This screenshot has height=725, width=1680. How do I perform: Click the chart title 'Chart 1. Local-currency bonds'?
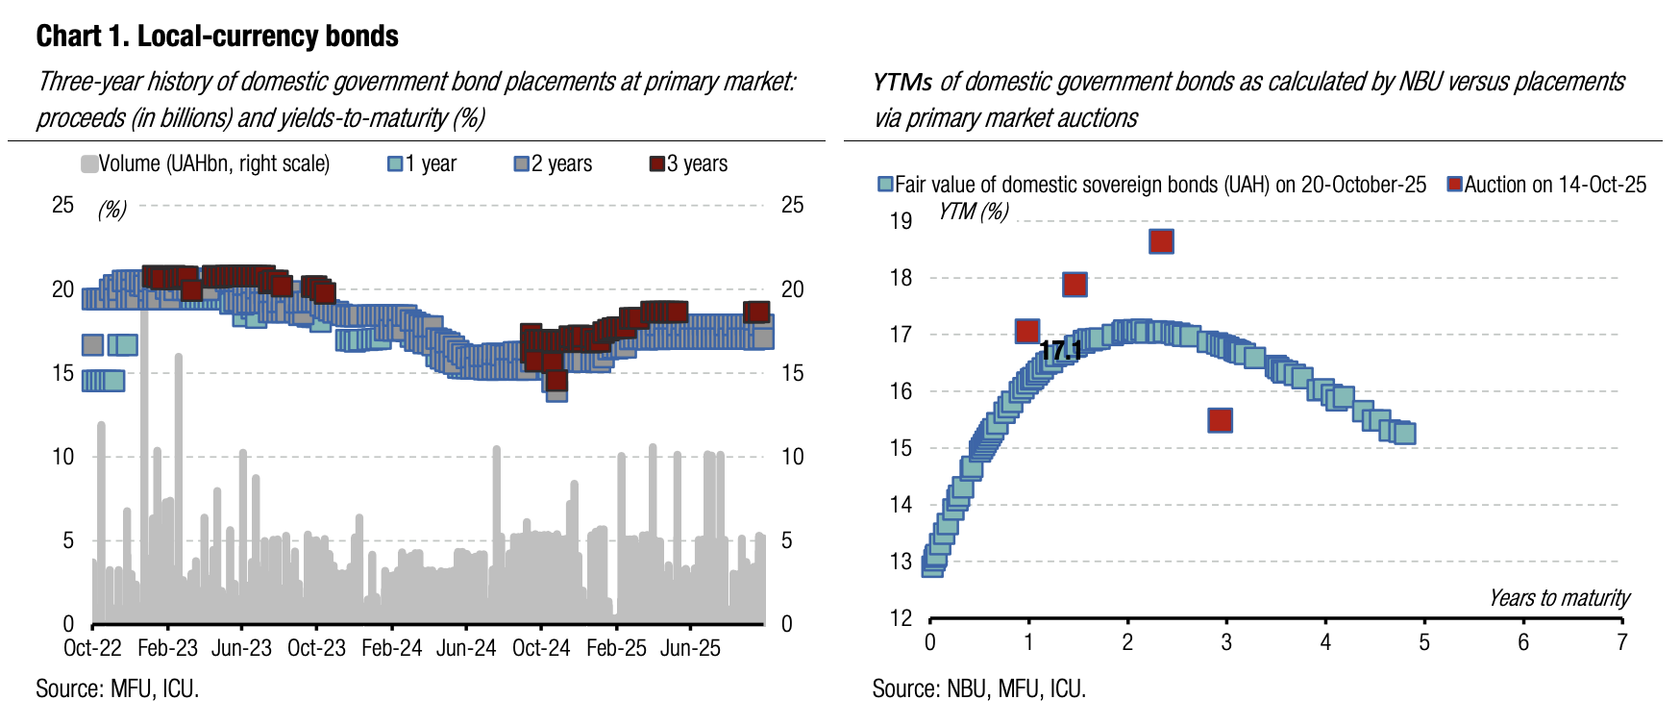point(217,37)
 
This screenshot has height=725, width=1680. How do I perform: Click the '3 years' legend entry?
point(689,163)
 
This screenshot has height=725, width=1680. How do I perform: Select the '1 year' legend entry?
point(423,163)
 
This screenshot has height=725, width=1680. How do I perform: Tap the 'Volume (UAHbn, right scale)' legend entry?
point(206,163)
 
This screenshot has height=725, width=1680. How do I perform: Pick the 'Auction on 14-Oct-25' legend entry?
point(1547,185)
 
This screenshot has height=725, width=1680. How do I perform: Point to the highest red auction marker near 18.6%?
point(1161,241)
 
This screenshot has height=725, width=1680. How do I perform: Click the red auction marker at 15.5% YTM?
point(1220,420)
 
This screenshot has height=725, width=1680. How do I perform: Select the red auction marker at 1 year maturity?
point(1026,331)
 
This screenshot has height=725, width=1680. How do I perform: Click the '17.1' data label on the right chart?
point(1061,351)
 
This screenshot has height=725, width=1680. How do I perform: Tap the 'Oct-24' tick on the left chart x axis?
point(541,648)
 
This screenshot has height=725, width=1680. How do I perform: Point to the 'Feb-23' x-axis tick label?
point(167,648)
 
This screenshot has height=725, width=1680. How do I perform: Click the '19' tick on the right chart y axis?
point(901,221)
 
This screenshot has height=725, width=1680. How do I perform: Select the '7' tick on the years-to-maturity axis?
point(1622,641)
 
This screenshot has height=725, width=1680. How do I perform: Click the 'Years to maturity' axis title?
point(1559,598)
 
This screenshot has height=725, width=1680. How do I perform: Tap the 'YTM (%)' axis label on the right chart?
point(974,211)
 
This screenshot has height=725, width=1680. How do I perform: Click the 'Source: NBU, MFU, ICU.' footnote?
point(978,688)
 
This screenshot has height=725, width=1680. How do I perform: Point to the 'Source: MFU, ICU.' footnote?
point(117,688)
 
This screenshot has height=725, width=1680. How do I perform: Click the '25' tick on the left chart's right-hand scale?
point(792,205)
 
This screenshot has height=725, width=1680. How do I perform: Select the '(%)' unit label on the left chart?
point(112,210)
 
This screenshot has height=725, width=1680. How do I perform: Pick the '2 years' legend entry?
point(554,163)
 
